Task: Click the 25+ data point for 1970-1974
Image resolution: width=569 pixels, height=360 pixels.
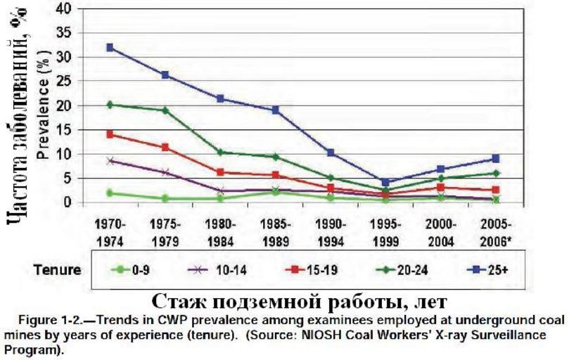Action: coord(110,47)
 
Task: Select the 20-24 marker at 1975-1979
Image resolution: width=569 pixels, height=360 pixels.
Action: coord(165,110)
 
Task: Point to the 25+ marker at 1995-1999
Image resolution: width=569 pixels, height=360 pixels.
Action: coord(385,182)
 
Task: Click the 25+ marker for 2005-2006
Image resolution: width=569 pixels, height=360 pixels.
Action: coord(495,159)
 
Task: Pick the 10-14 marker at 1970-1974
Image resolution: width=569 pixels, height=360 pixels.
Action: coord(110,161)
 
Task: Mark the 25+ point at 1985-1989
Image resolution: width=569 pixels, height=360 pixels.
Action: coord(276,110)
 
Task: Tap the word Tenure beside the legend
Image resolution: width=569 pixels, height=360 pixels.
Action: coord(58,269)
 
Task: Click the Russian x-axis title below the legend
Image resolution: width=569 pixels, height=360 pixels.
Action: coord(298,301)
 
